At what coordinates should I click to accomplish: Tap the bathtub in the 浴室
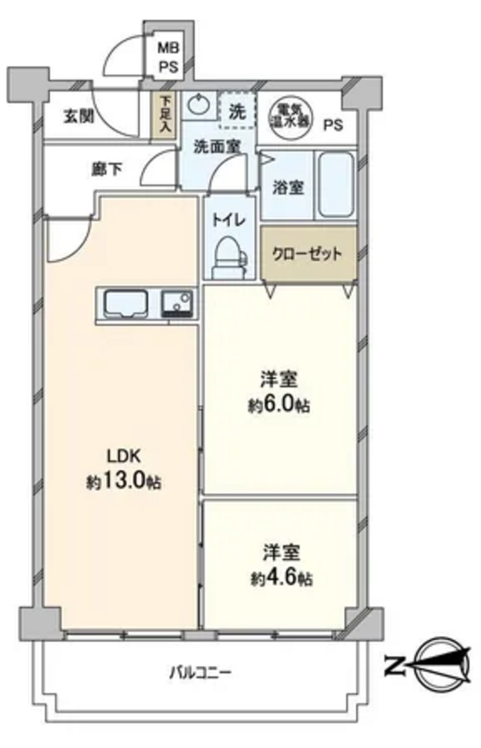[x=336, y=185]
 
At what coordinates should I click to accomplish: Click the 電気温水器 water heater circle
[x=289, y=115]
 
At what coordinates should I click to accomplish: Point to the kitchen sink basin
[x=126, y=303]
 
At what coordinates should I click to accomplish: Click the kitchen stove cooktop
[x=177, y=304]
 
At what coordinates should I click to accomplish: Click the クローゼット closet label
[x=307, y=253]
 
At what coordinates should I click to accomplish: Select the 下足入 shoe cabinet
[x=164, y=115]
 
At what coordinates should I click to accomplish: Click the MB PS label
[x=168, y=57]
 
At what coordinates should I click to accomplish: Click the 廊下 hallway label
[x=107, y=169]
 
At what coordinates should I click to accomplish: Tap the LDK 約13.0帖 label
[x=123, y=469]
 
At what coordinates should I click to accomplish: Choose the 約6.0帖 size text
[x=279, y=406]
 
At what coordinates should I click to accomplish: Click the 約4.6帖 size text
[x=282, y=579]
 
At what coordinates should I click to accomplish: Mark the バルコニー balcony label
[x=200, y=673]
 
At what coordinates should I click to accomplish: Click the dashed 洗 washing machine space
[x=237, y=110]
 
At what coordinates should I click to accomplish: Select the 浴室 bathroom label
[x=288, y=187]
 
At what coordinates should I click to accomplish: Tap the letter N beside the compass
[x=394, y=666]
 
